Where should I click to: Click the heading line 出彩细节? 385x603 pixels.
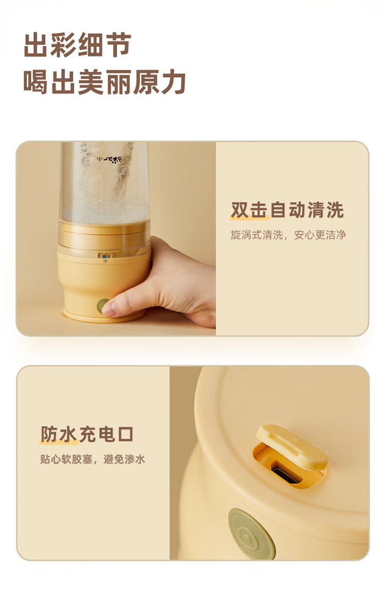point(78,45)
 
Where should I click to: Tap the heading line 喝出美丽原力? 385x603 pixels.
point(104,82)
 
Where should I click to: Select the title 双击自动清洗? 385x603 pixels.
point(287,210)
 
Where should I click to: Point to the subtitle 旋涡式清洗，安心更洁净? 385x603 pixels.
point(288,235)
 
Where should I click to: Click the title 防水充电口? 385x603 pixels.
point(87,434)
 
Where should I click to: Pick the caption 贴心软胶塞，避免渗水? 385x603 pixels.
point(92,459)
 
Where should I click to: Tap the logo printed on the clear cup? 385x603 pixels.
point(104,158)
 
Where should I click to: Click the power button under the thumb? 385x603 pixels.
point(103,306)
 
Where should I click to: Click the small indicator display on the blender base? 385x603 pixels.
point(104,255)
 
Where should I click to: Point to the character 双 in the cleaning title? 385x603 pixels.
point(239,210)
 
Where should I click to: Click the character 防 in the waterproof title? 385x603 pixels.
point(49,434)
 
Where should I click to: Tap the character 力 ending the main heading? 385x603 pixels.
point(174,82)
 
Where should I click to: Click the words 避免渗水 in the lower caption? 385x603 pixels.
point(124,459)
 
